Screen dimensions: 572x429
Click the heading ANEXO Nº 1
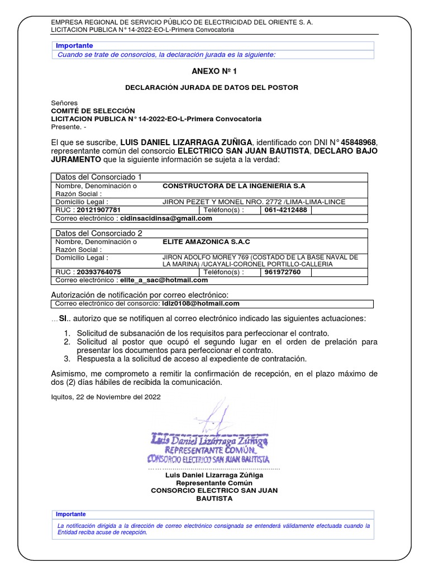(214, 71)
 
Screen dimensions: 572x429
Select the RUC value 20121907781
(98, 210)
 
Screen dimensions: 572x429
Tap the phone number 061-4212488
(285, 210)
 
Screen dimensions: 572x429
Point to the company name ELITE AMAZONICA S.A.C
(206, 242)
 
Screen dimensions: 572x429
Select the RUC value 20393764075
(98, 272)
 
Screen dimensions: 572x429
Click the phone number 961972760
(282, 272)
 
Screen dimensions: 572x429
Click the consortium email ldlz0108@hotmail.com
(201, 304)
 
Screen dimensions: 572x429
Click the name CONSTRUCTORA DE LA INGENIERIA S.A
(233, 185)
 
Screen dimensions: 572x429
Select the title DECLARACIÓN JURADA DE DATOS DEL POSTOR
(212, 88)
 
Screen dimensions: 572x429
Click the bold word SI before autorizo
(63, 318)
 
